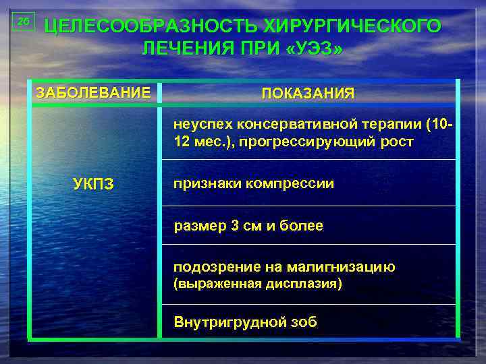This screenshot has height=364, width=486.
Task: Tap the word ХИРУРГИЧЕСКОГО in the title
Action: [352, 26]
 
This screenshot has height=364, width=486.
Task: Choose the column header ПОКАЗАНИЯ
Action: [307, 94]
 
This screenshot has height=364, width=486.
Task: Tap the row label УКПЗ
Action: [93, 184]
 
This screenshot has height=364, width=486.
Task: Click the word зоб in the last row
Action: [300, 322]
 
